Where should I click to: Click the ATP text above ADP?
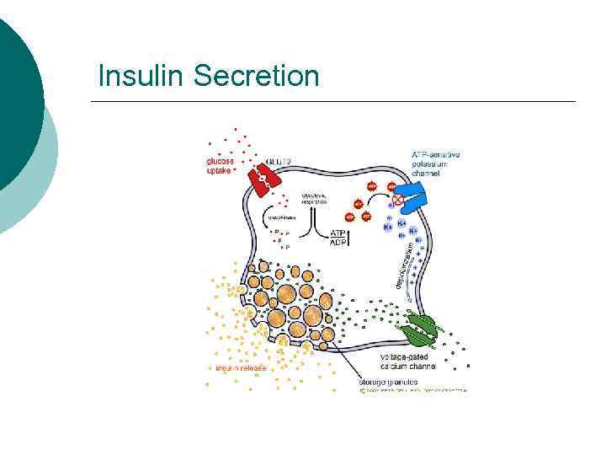(x=338, y=233)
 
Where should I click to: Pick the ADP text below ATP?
(x=338, y=244)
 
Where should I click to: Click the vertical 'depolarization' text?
(x=401, y=265)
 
